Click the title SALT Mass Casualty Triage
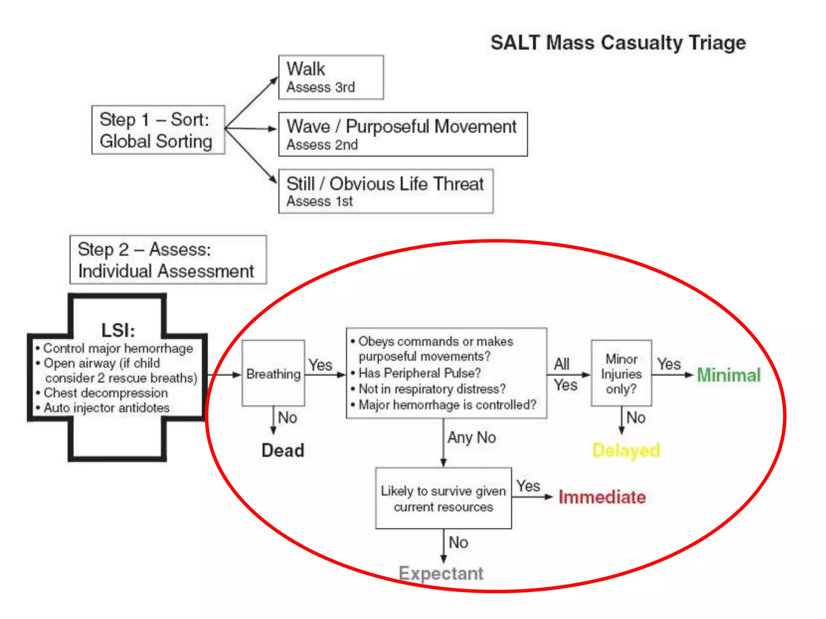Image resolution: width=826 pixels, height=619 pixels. pyautogui.click(x=618, y=43)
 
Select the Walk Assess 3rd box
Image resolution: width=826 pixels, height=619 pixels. pyautogui.click(x=331, y=77)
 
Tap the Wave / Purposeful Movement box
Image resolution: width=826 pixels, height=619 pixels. pyautogui.click(x=403, y=134)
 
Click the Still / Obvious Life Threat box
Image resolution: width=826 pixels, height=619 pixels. pyautogui.click(x=386, y=191)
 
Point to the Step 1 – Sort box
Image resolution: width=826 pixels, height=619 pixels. pyautogui.click(x=158, y=130)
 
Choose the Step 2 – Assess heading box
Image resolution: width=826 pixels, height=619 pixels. pyautogui.click(x=168, y=260)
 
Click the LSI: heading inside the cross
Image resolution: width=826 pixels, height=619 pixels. pyautogui.click(x=118, y=330)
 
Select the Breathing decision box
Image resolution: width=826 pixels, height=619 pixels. pyautogui.click(x=273, y=374)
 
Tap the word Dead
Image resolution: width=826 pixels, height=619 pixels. pyautogui.click(x=283, y=451)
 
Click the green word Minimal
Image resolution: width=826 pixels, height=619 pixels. pyautogui.click(x=728, y=375)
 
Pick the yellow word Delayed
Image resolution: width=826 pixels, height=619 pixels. pyautogui.click(x=626, y=451)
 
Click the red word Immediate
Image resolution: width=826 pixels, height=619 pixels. pyautogui.click(x=602, y=497)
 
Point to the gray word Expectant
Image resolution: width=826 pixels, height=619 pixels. pyautogui.click(x=441, y=573)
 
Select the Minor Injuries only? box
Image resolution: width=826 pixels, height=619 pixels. pyautogui.click(x=621, y=374)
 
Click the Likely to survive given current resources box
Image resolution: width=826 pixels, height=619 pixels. pyautogui.click(x=443, y=499)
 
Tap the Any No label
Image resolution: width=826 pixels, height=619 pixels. pyautogui.click(x=471, y=438)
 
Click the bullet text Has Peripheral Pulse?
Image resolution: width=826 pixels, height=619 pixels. pyautogui.click(x=419, y=373)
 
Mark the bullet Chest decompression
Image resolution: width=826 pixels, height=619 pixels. pyautogui.click(x=106, y=393)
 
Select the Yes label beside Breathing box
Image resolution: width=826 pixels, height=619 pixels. pyautogui.click(x=320, y=365)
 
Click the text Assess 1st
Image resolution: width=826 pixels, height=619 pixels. pyautogui.click(x=319, y=201)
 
